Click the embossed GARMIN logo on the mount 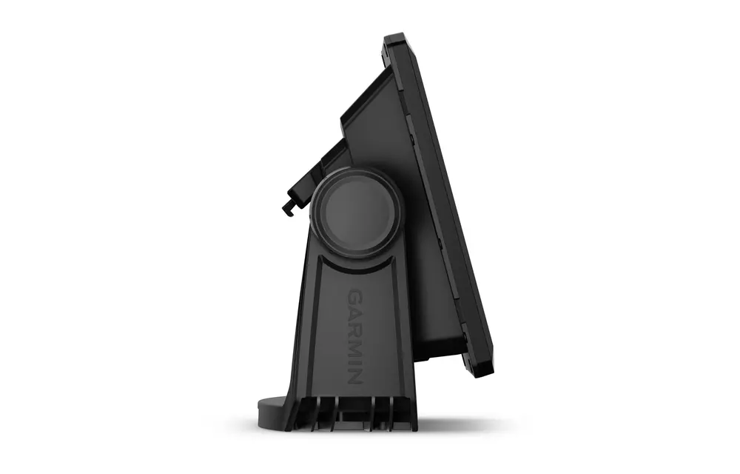click(355, 335)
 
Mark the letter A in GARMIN click(355, 309)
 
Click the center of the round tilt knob click(356, 211)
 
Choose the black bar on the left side click(65, 237)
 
